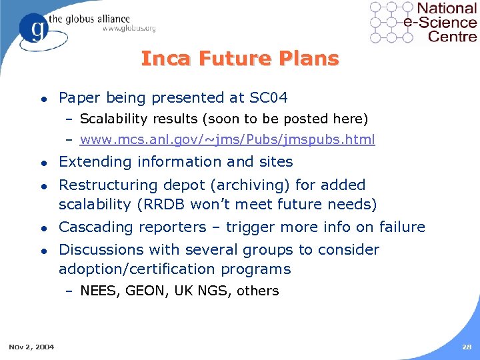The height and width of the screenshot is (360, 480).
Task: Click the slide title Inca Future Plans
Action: point(240,59)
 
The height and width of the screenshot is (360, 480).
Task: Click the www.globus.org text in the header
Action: point(129,28)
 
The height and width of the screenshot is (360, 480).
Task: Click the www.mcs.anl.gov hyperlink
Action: point(227,140)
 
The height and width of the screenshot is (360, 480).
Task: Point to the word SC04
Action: point(268,98)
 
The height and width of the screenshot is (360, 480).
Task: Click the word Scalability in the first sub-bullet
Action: point(112,119)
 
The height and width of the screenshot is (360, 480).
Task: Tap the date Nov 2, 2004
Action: point(31,347)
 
